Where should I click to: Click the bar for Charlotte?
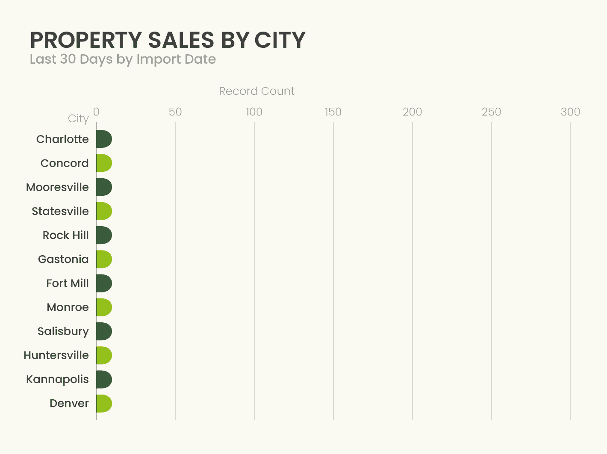(104, 139)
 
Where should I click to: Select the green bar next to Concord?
(104, 163)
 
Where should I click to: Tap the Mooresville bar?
(104, 187)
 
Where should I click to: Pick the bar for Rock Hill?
(104, 235)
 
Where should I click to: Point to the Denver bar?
(104, 403)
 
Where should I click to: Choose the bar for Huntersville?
(104, 355)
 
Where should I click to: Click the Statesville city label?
(60, 211)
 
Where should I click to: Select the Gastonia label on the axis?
(63, 259)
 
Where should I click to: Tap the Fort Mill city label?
(68, 283)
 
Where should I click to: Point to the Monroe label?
(68, 307)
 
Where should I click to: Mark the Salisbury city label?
(63, 331)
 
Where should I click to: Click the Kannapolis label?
(58, 379)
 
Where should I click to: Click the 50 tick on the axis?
(175, 112)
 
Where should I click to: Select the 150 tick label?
(333, 112)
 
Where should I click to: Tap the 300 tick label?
(570, 112)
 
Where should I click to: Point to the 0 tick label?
(96, 112)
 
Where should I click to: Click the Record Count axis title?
(256, 91)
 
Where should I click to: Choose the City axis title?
(78, 118)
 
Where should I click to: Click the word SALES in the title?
(181, 41)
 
